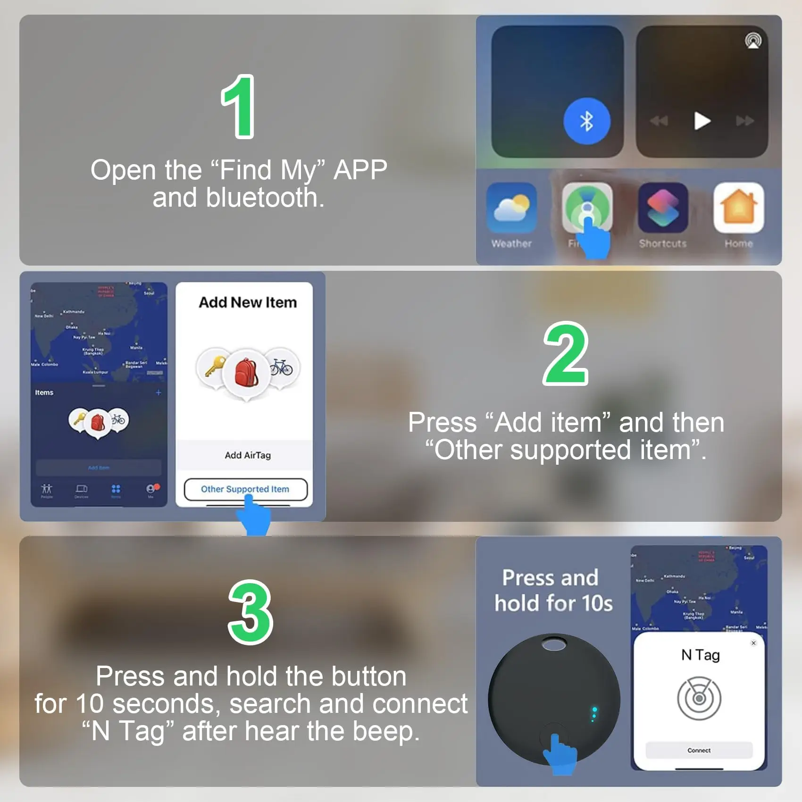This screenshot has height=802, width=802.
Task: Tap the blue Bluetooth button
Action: [586, 122]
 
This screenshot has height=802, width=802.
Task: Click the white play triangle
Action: [702, 121]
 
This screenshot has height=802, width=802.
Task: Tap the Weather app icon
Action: [511, 208]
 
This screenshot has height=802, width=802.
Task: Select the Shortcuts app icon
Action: [663, 208]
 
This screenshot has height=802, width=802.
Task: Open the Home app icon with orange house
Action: [738, 208]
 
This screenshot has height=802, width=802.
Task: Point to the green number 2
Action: [566, 354]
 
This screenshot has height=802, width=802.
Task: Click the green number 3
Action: [251, 612]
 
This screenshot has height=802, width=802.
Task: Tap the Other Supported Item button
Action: [245, 489]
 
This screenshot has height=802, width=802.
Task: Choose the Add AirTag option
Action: [247, 455]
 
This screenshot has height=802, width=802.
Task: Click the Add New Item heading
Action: [248, 302]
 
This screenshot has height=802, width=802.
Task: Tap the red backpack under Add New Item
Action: [246, 373]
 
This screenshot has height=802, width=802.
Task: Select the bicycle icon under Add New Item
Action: [281, 367]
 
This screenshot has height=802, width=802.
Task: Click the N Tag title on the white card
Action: [700, 655]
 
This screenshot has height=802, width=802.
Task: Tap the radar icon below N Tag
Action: [699, 698]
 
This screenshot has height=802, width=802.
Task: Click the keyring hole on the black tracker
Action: [554, 644]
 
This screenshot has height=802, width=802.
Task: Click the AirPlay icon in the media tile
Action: [753, 41]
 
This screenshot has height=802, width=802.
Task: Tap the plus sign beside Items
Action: [159, 393]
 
